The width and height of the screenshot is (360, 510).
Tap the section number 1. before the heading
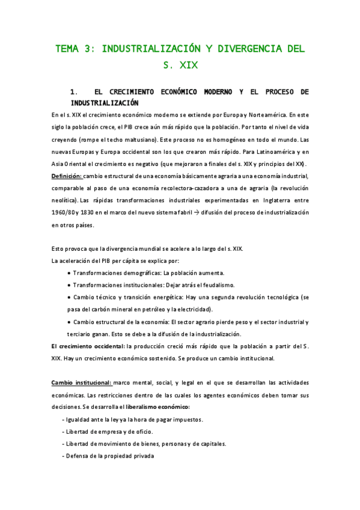[x=75, y=92]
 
